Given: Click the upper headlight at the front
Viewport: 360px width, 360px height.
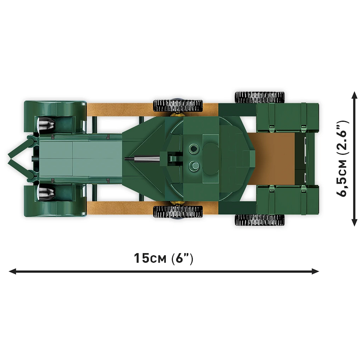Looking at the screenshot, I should click(46, 123).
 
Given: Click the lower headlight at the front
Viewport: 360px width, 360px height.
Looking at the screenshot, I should click(46, 193).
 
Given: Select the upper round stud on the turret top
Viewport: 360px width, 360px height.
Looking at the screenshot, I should click(193, 149).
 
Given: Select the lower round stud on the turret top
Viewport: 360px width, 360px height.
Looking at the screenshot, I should click(193, 165).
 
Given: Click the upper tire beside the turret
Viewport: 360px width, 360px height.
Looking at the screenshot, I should click(178, 105).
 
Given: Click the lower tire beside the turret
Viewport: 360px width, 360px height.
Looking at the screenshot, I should click(178, 211).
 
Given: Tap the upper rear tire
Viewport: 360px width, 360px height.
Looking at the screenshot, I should click(259, 97).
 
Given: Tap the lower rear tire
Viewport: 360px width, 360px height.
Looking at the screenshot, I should click(259, 220).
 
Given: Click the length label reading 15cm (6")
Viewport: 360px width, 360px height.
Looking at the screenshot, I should click(163, 258).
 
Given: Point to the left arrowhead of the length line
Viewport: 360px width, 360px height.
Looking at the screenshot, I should click(13, 271).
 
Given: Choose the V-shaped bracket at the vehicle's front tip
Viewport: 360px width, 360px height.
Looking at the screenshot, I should click(18, 158).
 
